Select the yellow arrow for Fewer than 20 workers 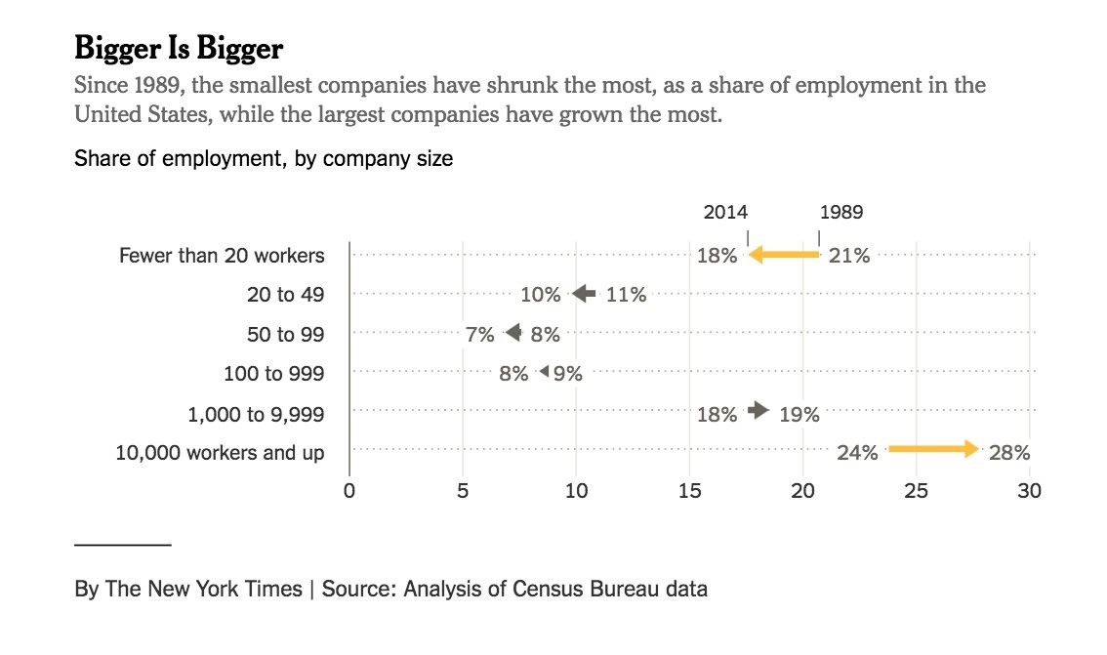[x=784, y=256]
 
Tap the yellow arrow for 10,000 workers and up [x=933, y=449]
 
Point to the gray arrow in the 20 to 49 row [x=584, y=294]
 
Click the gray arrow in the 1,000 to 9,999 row [x=758, y=411]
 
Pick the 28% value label [x=1008, y=453]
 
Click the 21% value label [x=848, y=257]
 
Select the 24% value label [x=857, y=453]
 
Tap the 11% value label [x=626, y=295]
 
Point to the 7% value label [x=479, y=334]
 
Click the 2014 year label [x=725, y=212]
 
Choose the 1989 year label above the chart [x=840, y=212]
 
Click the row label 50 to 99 [x=285, y=334]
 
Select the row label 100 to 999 [x=274, y=373]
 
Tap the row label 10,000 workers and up [x=220, y=453]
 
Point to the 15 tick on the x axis [x=689, y=491]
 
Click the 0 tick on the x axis [x=348, y=491]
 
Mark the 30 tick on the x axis [x=1029, y=491]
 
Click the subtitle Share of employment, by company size [x=264, y=158]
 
